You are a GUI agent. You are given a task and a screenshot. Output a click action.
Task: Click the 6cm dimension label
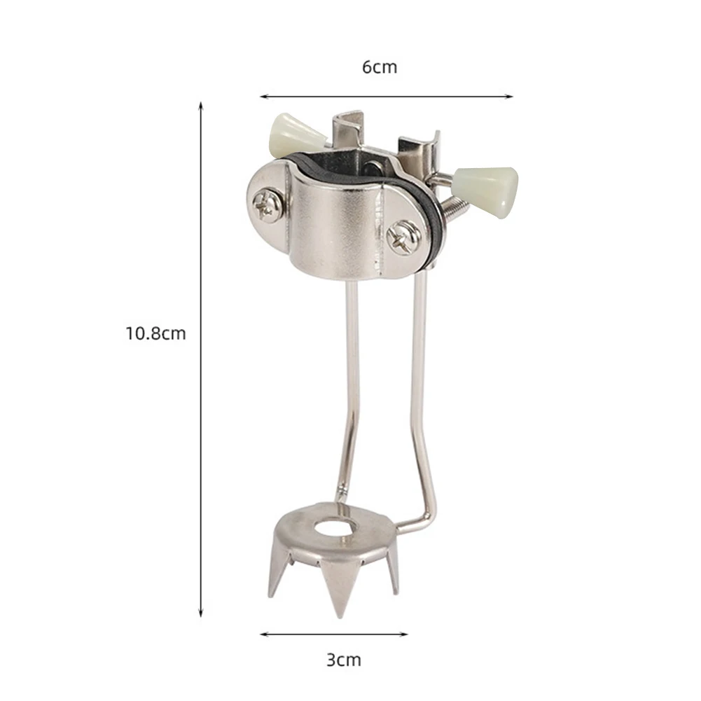point(379,67)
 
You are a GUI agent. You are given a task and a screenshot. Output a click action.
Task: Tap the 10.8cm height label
point(155,333)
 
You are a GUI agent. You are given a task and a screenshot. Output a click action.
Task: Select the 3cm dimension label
point(343,659)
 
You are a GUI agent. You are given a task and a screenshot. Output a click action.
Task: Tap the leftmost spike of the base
point(273,592)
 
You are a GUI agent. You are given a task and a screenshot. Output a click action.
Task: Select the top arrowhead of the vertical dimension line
point(201,105)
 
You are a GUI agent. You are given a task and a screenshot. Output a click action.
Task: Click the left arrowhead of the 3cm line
point(264,634)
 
